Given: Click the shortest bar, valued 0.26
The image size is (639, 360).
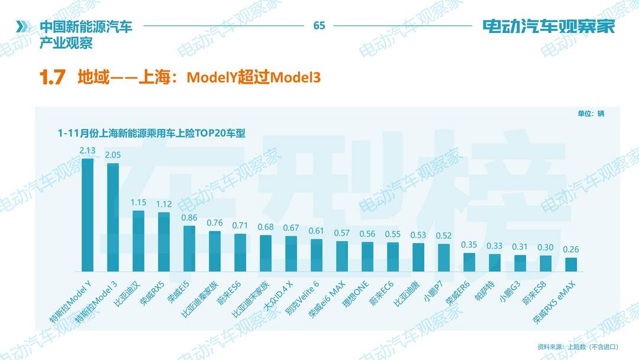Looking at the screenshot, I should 571,264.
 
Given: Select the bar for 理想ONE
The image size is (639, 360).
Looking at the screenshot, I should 367,256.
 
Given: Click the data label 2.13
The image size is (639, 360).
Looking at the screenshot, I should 88,150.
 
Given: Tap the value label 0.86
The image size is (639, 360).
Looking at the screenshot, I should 189,217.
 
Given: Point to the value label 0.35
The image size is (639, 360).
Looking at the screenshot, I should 469,245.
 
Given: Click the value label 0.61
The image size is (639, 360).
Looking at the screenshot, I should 317,231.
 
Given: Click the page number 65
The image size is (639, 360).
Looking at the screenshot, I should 319,25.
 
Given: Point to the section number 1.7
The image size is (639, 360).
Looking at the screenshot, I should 52,78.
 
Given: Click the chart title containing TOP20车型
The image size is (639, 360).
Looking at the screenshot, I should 151,133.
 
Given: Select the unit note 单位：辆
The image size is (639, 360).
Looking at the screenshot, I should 590,114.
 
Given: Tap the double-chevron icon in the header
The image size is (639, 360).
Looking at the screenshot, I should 22,27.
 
